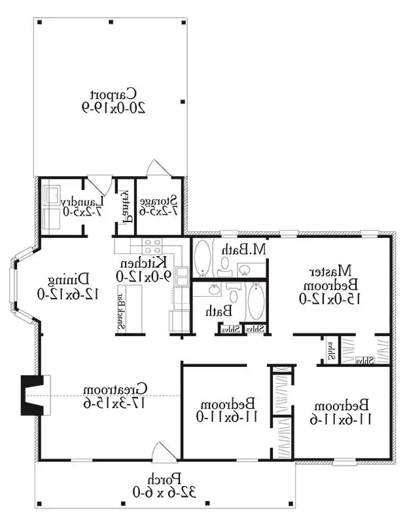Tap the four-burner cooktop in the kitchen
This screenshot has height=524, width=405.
(152, 246)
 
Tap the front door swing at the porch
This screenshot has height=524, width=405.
(160, 452)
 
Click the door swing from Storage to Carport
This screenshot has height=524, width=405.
(156, 168)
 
